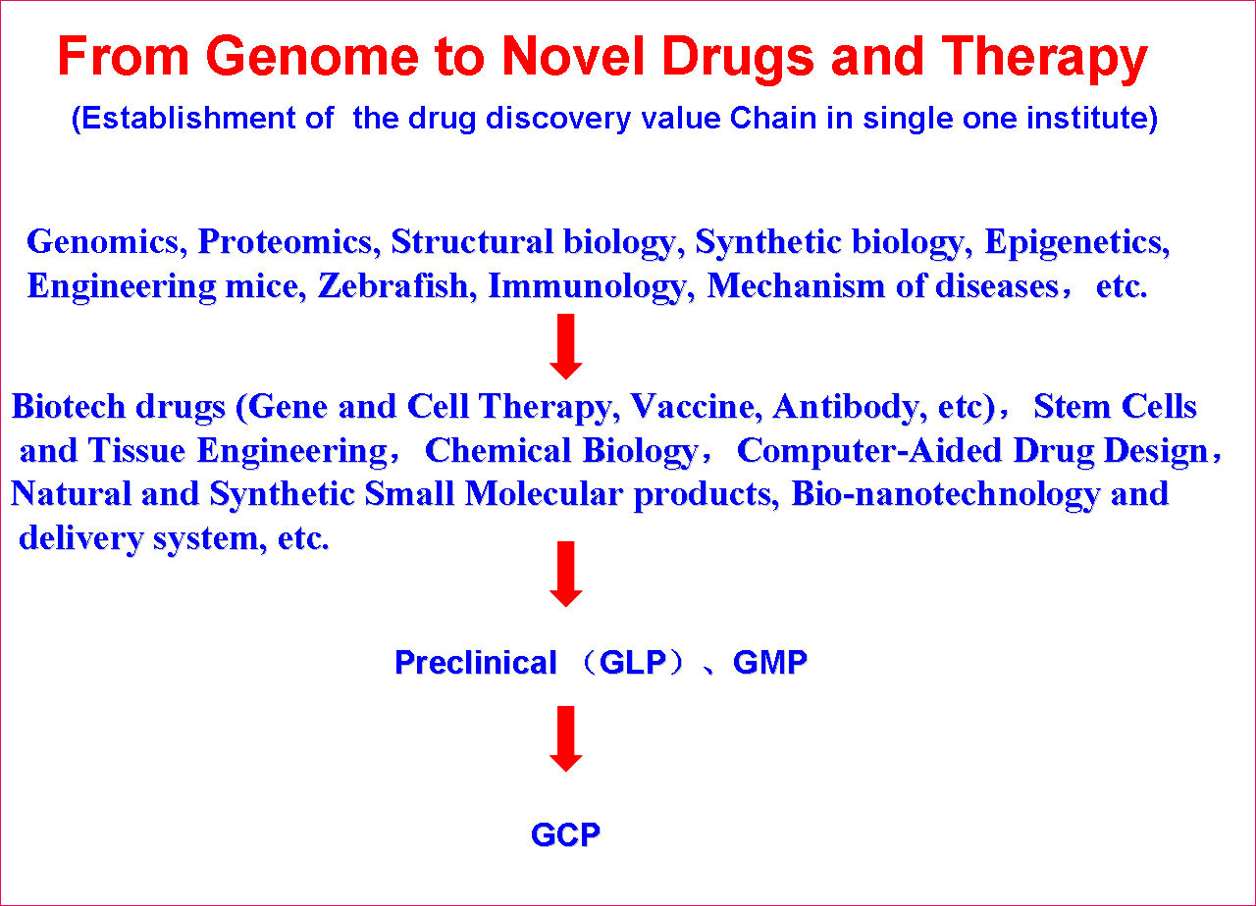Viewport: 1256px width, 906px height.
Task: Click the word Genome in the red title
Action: (312, 56)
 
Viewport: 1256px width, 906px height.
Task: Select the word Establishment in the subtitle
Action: (183, 119)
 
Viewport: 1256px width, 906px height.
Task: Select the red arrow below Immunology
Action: (566, 346)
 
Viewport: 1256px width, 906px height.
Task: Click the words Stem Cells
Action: (1115, 406)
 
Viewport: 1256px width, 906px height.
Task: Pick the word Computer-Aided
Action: (869, 452)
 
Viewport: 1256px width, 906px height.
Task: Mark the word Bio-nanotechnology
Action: (946, 495)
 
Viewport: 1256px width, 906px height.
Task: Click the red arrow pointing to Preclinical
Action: (566, 574)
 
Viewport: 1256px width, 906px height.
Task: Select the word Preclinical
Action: (476, 662)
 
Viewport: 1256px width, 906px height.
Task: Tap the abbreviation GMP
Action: (770, 662)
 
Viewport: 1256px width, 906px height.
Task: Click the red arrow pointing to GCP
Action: (566, 738)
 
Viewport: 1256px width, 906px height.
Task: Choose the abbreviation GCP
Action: (565, 834)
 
